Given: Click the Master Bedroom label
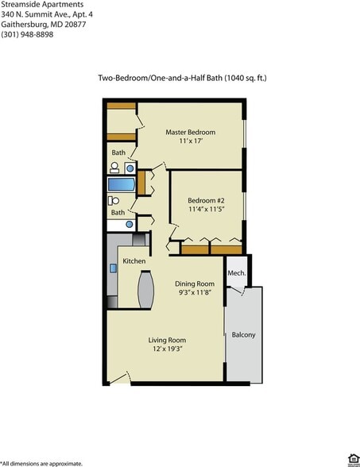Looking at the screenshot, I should coord(191,132).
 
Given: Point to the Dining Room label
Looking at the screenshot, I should coord(195,284).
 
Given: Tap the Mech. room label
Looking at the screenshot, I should coord(236,273).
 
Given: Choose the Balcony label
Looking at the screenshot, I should coord(243,334).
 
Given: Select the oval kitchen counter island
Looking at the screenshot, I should coord(145,290).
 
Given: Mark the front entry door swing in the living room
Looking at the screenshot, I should coord(119,377).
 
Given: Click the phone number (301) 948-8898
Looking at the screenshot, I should coord(27,35).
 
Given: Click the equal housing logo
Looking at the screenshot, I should coord(353,458).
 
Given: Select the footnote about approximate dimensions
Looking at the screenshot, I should coord(41,462).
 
